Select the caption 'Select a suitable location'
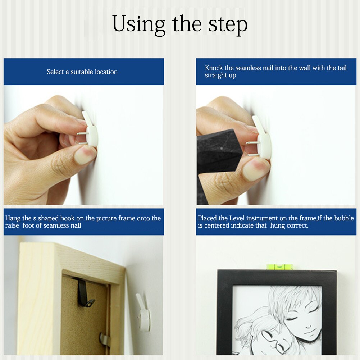point(82,72)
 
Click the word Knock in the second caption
point(214,68)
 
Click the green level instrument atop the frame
point(279,267)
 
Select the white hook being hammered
point(262,138)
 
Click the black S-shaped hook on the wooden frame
point(85,293)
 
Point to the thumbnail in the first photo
point(84,154)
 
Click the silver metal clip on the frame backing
point(105,340)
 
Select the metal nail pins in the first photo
point(82,138)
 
